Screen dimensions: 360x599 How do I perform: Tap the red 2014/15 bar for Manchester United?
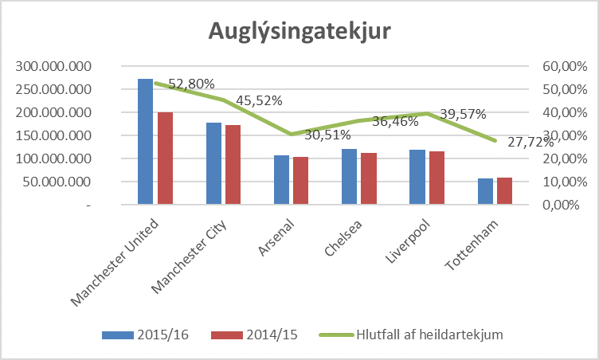pos(165,158)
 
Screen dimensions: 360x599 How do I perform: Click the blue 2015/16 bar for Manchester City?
pos(213,164)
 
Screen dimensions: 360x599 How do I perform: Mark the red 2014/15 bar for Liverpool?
pos(437,178)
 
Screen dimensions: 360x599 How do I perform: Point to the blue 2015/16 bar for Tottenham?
pos(485,191)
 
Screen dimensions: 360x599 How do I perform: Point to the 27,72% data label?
pos(530,143)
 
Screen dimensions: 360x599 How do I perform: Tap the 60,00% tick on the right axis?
pos(563,66)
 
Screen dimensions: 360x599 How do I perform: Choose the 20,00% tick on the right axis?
pos(563,158)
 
